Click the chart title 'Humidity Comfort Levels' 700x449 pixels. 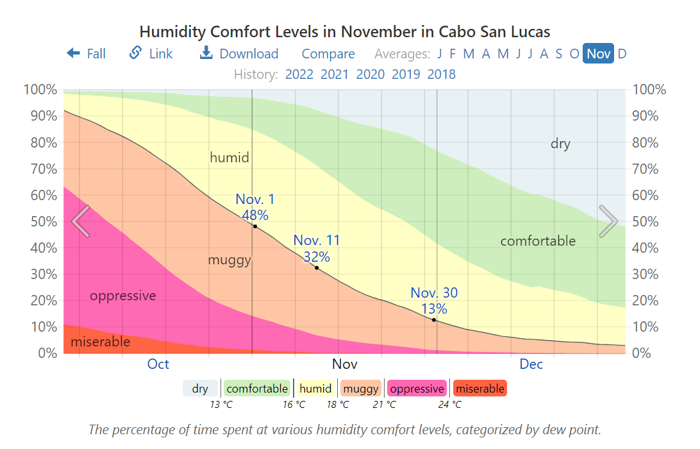345,31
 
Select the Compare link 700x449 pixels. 328,54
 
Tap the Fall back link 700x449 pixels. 87,54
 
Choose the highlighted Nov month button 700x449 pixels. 598,54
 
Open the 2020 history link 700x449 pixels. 371,74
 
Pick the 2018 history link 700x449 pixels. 442,74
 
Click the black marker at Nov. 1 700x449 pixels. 255,226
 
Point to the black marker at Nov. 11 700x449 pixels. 317,268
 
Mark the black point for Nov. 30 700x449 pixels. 434,319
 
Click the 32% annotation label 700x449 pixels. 317,257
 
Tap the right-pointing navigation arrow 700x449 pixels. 608,221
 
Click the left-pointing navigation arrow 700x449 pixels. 81,221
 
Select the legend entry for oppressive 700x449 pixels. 417,389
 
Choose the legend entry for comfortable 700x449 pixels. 257,389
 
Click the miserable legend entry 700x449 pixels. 480,389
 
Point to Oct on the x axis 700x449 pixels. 158,364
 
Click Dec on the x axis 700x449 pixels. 531,364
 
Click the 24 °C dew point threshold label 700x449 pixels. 449,405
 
